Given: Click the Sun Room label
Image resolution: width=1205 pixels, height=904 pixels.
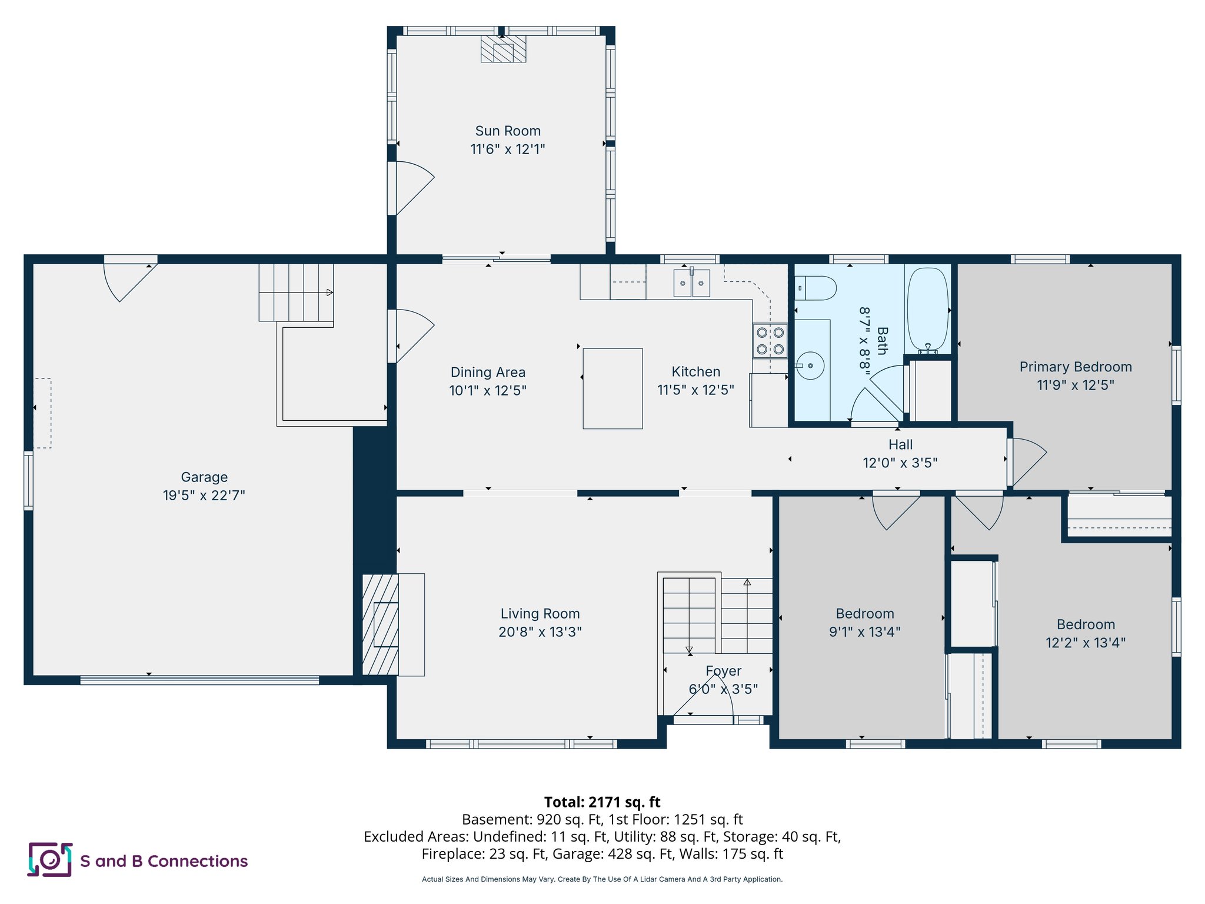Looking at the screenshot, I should click(x=508, y=131).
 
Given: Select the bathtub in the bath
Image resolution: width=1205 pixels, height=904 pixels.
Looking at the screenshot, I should click(x=927, y=310).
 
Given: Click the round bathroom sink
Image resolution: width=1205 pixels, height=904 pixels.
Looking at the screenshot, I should click(x=810, y=365).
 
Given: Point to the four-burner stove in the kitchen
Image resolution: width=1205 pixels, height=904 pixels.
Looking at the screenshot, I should click(x=770, y=341).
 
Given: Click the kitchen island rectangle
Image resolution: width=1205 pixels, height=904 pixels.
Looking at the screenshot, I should click(x=613, y=388).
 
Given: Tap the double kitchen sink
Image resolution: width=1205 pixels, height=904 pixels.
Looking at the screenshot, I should click(x=691, y=283).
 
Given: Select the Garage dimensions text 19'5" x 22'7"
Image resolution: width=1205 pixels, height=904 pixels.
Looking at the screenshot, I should click(x=204, y=496).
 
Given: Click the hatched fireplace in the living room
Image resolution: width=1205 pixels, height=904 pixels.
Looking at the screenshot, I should click(x=381, y=624).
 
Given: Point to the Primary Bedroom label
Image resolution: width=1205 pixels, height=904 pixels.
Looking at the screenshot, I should click(x=1076, y=367).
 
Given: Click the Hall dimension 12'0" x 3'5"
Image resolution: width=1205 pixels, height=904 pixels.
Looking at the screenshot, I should click(x=900, y=463).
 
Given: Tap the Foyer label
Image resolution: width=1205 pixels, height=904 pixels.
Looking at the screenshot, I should click(x=723, y=671).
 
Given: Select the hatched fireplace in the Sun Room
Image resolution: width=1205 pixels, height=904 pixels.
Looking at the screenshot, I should click(x=503, y=49).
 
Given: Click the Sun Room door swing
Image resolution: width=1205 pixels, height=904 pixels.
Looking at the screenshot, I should click(x=412, y=187).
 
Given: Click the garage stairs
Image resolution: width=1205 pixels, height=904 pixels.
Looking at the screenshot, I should click(x=296, y=293).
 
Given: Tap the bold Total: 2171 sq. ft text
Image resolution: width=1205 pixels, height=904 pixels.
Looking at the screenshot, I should click(x=602, y=802).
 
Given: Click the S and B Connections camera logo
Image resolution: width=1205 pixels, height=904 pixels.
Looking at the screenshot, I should click(x=50, y=860).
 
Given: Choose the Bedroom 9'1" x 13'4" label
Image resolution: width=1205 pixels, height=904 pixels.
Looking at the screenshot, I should click(x=864, y=614).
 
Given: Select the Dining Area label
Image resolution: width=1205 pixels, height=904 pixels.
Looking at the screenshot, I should click(x=488, y=373).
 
